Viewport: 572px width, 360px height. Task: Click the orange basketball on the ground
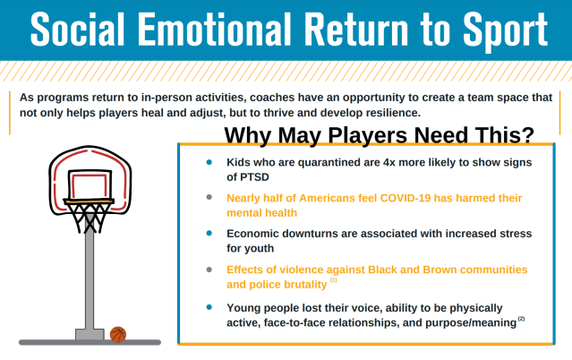point(118,334)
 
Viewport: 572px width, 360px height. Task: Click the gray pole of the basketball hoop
point(89,278)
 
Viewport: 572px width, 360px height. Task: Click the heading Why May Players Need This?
point(379,135)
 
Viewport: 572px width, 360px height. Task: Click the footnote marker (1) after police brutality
point(334,280)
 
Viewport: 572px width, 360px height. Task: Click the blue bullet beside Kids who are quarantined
point(209,162)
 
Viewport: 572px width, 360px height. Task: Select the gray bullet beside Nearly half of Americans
point(209,197)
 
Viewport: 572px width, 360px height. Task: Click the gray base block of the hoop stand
point(89,334)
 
